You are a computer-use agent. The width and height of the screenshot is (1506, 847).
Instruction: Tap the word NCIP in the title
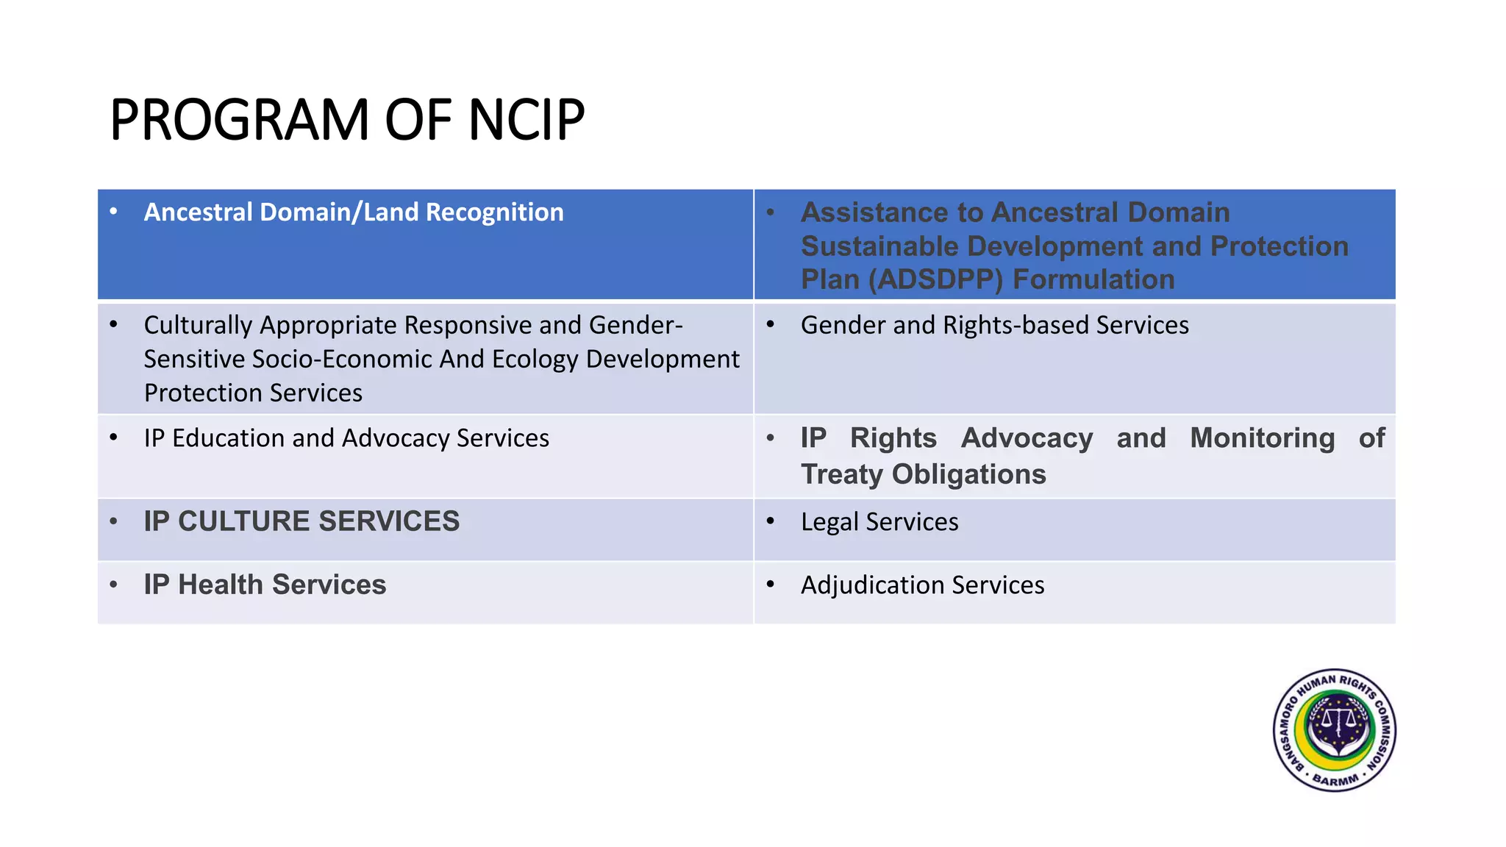[x=526, y=120]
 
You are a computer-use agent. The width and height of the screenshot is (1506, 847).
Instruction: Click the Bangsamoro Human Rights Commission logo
[x=1335, y=730]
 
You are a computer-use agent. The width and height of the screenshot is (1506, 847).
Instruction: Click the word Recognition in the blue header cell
[x=494, y=212]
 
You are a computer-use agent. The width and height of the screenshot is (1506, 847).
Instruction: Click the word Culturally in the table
[x=198, y=325]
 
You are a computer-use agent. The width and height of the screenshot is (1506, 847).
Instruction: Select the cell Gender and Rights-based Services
[x=994, y=325]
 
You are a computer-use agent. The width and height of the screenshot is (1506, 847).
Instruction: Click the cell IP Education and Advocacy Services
[x=346, y=438]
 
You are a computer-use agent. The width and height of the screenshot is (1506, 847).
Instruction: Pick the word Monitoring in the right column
[x=1262, y=438]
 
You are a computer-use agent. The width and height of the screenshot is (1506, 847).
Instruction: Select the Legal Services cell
[x=879, y=522]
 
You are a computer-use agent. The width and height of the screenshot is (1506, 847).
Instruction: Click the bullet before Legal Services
[x=771, y=521]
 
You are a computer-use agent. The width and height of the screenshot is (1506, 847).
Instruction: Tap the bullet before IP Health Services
[x=113, y=585]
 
